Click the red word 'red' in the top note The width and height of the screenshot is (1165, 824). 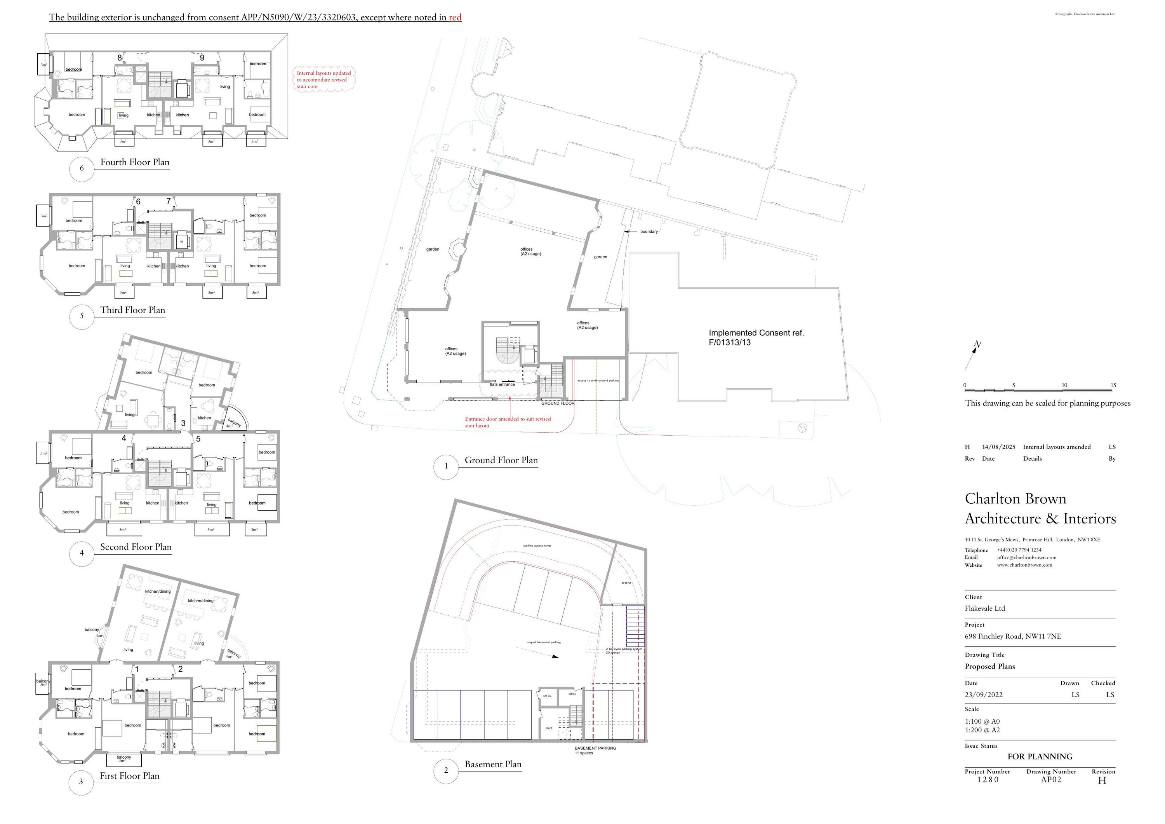455,18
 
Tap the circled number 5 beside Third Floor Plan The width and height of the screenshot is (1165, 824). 82,316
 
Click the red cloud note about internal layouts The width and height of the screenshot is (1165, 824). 324,80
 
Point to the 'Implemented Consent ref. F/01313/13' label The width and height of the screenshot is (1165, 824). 756,338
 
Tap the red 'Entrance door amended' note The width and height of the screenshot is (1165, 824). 508,422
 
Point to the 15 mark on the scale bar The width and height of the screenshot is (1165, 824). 1113,385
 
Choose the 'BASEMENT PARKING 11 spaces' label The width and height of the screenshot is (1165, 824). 595,751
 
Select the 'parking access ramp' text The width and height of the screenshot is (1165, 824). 536,546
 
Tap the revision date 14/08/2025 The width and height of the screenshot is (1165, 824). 998,447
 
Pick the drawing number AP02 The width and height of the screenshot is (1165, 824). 1051,780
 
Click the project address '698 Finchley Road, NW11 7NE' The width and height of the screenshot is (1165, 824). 1012,636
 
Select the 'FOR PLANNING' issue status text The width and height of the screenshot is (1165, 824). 1040,756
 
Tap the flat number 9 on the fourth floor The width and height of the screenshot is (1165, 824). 202,58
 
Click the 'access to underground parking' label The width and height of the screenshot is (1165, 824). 597,380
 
